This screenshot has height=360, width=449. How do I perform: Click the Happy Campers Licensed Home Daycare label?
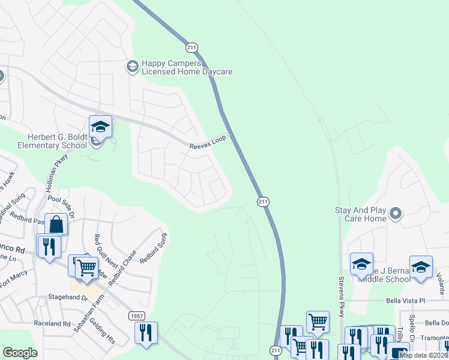[186, 67]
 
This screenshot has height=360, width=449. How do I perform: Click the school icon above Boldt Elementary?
[100, 126]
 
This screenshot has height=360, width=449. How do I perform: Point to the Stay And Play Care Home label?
[361, 214]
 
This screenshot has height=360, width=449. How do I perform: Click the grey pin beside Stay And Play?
[395, 213]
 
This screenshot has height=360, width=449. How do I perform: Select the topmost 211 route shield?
[191, 47]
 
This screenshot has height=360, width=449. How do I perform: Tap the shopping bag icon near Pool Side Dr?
[56, 224]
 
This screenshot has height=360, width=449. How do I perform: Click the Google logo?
[20, 353]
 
